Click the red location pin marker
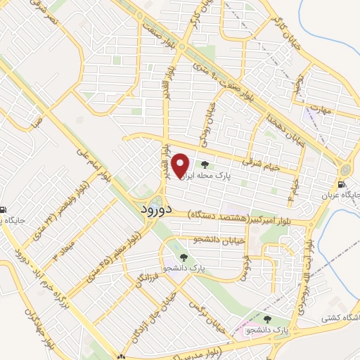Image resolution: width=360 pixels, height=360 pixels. click(x=181, y=166)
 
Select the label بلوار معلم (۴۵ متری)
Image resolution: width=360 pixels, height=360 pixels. click(x=123, y=255)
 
